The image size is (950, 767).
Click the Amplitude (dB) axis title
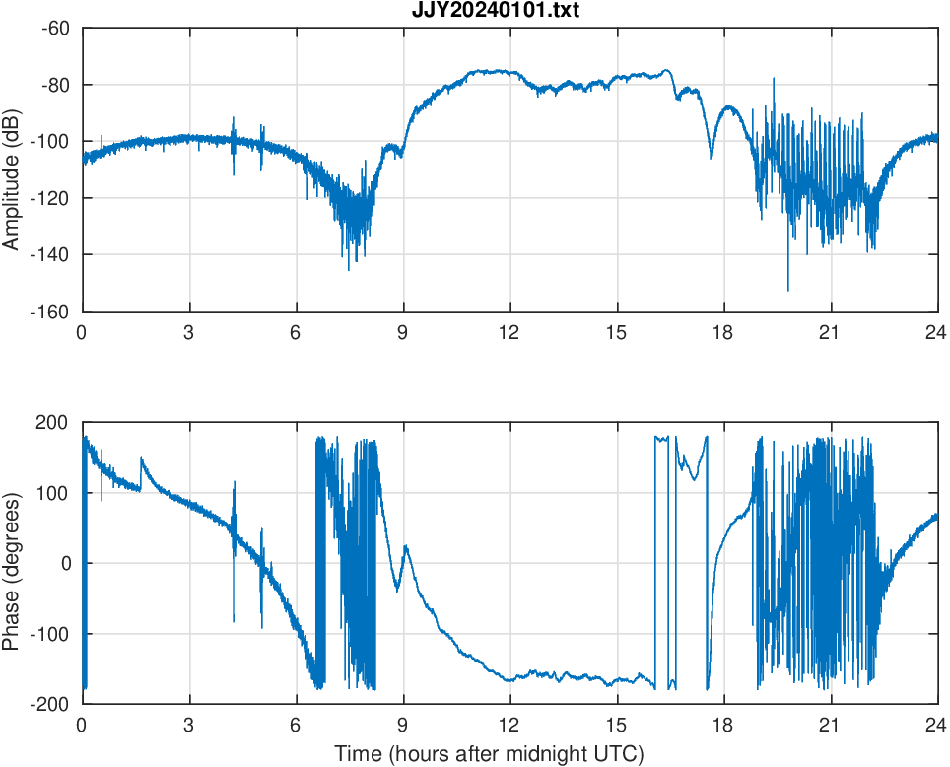coord(12,169)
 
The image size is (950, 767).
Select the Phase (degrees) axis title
coord(12,563)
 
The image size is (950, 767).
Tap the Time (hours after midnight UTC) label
coord(489,754)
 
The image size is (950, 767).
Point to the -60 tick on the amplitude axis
coord(55,28)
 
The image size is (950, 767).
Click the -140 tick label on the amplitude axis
coord(51,254)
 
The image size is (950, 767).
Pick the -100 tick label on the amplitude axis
coord(51,141)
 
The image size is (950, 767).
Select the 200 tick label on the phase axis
coord(55,423)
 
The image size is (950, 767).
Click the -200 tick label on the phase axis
coord(52,704)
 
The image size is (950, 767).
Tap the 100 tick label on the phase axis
coord(55,493)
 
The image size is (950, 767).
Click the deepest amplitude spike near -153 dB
coord(787,290)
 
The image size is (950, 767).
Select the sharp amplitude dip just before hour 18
coord(712,157)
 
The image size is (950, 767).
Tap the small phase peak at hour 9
coord(406,547)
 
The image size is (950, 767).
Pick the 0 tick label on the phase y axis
coord(65,563)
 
